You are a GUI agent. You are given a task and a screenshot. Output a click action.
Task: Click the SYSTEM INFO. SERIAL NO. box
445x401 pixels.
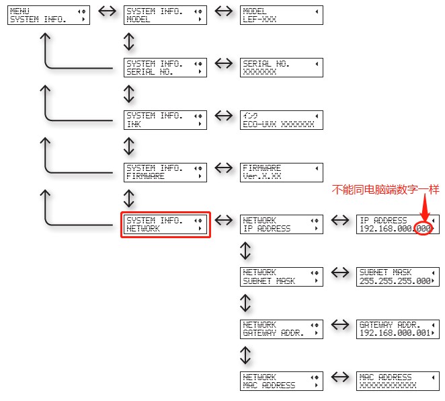pos(165,68)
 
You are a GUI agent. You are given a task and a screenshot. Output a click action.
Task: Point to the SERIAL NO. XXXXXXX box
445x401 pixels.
pos(282,68)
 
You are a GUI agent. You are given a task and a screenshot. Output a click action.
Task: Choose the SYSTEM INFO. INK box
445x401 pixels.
pos(165,120)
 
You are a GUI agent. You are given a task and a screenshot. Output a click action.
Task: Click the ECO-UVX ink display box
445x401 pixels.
pos(282,120)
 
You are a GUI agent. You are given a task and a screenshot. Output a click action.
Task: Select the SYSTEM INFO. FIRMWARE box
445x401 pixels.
pos(165,172)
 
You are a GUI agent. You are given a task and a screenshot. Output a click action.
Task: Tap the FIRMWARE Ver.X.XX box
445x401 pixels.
pos(282,172)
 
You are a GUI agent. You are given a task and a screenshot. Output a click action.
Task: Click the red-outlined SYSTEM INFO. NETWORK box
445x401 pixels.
pos(165,225)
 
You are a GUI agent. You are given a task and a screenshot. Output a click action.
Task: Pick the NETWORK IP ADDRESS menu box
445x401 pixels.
pos(282,225)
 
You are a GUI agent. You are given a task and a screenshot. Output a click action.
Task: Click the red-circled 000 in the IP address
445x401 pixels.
pos(423,229)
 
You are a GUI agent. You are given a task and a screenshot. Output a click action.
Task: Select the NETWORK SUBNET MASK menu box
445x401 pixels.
pos(282,277)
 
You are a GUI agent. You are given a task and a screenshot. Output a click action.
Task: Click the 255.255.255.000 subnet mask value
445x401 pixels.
pos(394,281)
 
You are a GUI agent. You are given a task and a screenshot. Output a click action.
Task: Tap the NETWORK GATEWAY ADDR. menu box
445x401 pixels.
pos(282,329)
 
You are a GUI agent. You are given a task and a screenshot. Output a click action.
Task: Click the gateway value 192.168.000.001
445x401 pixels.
pos(394,334)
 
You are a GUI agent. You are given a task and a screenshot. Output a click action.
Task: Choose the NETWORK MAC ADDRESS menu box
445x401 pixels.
pos(282,381)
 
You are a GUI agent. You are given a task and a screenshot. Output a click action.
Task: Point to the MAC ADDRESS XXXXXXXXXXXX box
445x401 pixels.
pos(397,381)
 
